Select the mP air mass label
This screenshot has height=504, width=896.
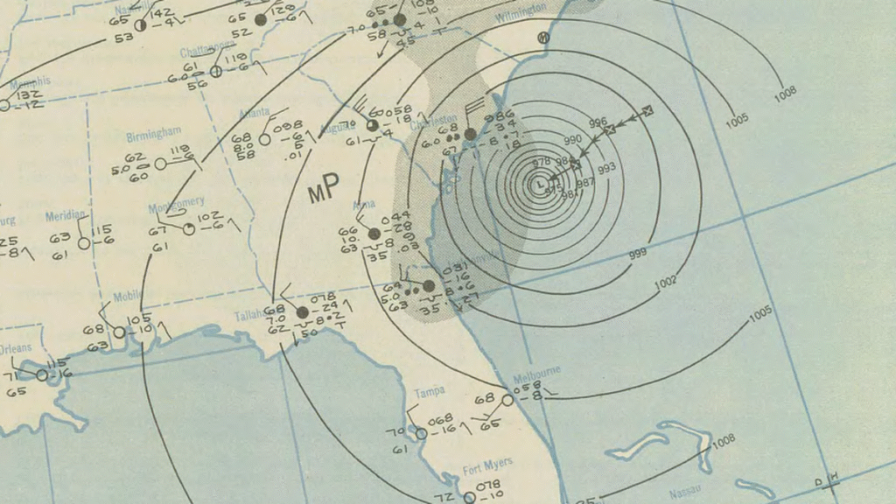click(x=324, y=193)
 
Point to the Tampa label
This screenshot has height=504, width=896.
click(x=430, y=390)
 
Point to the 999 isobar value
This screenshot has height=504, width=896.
click(x=643, y=255)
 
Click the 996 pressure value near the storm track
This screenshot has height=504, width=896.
click(x=598, y=122)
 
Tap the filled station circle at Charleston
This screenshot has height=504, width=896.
click(x=470, y=135)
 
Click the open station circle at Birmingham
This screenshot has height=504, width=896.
click(x=160, y=164)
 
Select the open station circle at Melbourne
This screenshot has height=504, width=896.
click(x=507, y=400)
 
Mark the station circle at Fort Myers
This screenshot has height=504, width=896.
click(x=469, y=497)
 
